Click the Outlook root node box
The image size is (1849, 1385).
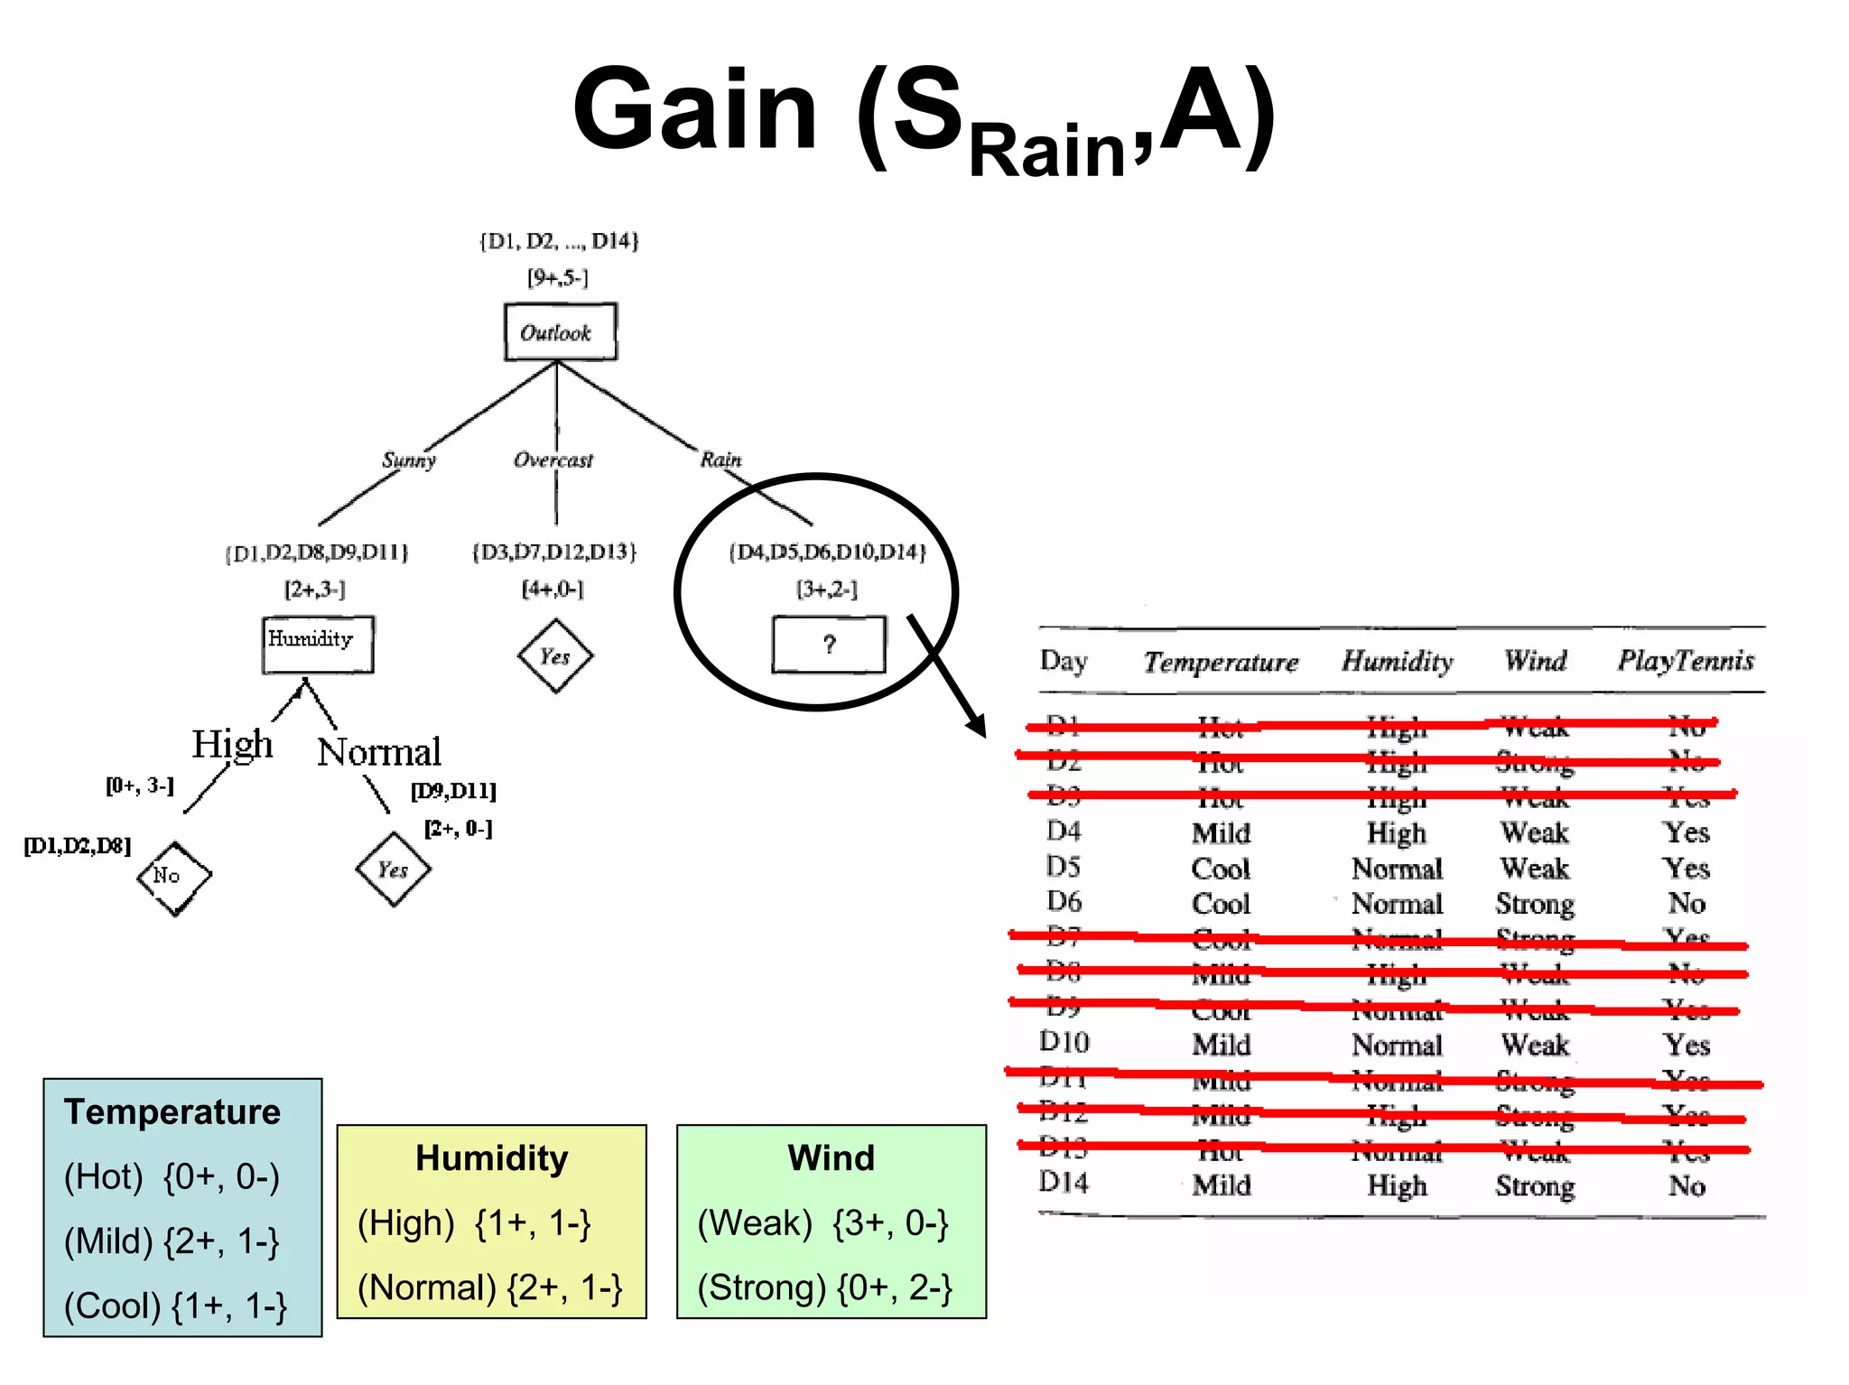tap(560, 332)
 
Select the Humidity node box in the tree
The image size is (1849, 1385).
tap(317, 644)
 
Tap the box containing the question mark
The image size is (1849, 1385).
tap(828, 645)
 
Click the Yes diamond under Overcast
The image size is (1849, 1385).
tap(555, 656)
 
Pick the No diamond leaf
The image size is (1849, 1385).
tap(173, 877)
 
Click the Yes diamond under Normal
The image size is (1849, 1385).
tap(393, 869)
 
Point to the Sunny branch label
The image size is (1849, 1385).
tap(409, 460)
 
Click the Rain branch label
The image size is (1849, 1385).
tap(720, 460)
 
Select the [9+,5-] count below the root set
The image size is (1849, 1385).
tap(558, 278)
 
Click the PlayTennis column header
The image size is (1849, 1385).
tap(1685, 661)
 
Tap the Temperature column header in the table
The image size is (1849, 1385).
tap(1221, 662)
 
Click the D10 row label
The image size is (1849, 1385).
tap(1064, 1043)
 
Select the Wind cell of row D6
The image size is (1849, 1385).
tap(1535, 904)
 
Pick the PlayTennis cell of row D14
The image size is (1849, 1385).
tap(1686, 1185)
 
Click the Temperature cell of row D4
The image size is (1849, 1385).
tap(1221, 832)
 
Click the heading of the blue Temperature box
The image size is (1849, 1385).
tap(172, 1111)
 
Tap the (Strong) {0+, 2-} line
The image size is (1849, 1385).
tap(824, 1287)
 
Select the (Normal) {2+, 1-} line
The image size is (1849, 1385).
tap(489, 1287)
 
